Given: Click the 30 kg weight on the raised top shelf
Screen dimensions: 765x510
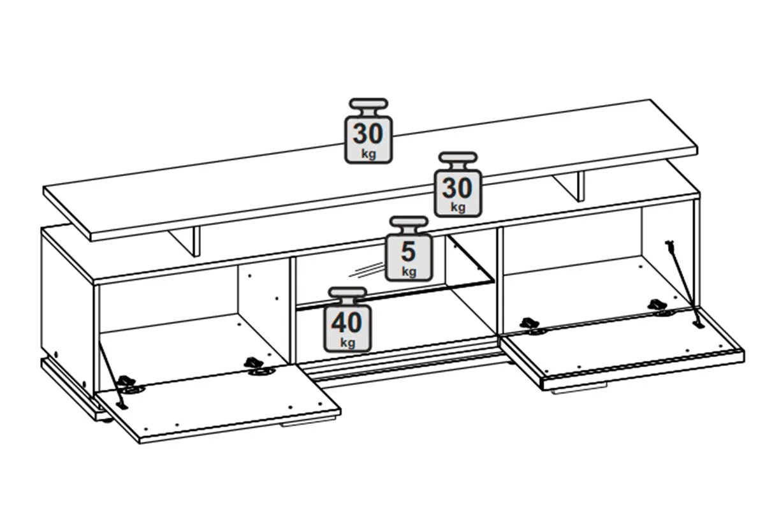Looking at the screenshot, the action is (368, 131).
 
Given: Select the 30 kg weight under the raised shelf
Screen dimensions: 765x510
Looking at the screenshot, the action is (458, 184).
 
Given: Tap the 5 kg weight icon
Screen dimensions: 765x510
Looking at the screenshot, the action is (409, 249).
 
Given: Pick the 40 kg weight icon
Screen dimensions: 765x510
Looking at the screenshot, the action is (347, 320).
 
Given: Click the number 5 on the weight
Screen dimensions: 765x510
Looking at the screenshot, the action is (409, 251).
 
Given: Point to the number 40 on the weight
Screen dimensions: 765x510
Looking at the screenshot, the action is (347, 323).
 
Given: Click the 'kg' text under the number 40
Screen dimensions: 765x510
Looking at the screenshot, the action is (347, 342).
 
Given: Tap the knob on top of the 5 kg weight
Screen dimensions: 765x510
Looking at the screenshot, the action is (409, 221).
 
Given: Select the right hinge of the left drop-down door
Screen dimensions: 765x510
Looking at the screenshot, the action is (259, 366).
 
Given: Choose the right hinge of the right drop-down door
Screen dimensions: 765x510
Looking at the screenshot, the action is (660, 307).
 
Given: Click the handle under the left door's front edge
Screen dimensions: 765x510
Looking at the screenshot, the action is (307, 423).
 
